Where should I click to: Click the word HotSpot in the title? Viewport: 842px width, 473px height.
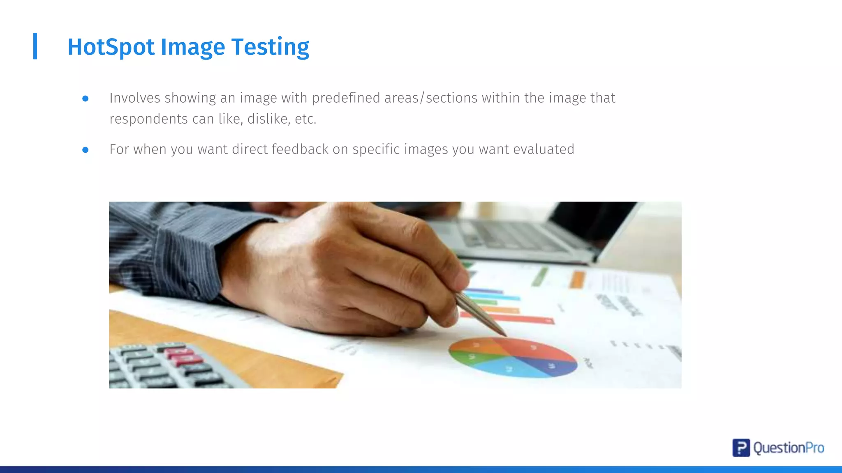[x=111, y=47]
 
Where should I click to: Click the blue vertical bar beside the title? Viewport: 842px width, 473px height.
[x=35, y=46]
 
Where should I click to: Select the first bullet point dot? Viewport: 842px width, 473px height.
[x=86, y=99]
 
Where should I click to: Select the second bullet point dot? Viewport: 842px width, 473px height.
[x=86, y=150]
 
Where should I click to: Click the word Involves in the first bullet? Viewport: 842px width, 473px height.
[x=134, y=98]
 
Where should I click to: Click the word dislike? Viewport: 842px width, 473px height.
[x=268, y=119]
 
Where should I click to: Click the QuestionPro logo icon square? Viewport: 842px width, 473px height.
[x=741, y=448]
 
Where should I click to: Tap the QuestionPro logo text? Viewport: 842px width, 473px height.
[x=789, y=448]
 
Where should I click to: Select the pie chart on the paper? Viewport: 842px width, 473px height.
[x=513, y=357]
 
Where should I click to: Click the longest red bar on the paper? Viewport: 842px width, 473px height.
[x=510, y=318]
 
